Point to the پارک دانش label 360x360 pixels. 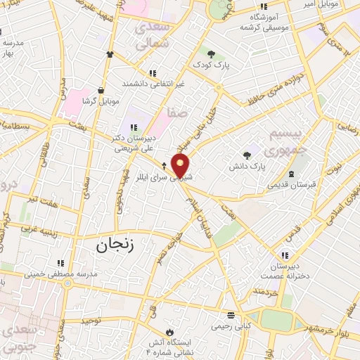coord(247,168)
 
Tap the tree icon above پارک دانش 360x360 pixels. coord(247,155)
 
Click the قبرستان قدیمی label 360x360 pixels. coord(290,186)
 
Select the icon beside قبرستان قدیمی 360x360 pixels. coord(291,173)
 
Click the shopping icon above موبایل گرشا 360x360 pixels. coord(102,89)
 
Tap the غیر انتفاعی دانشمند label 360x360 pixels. coord(153,84)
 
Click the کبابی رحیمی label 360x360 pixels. coord(230,327)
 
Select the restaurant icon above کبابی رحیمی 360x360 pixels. coord(231,314)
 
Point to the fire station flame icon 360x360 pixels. coord(168,331)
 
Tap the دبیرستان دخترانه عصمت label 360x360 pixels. coord(286,274)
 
